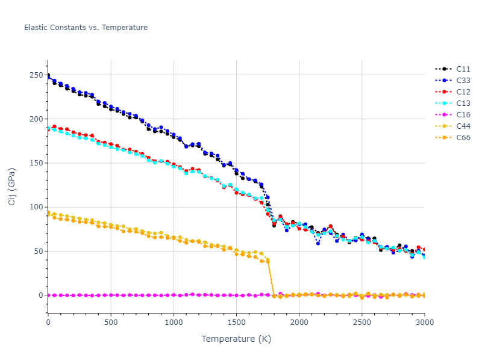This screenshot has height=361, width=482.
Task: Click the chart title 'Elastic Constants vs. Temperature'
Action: (x=86, y=28)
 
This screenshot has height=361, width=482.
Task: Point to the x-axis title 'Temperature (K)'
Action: (x=236, y=339)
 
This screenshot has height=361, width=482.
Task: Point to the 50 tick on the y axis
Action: (x=39, y=251)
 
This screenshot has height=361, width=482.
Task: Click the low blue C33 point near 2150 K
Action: (x=318, y=243)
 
